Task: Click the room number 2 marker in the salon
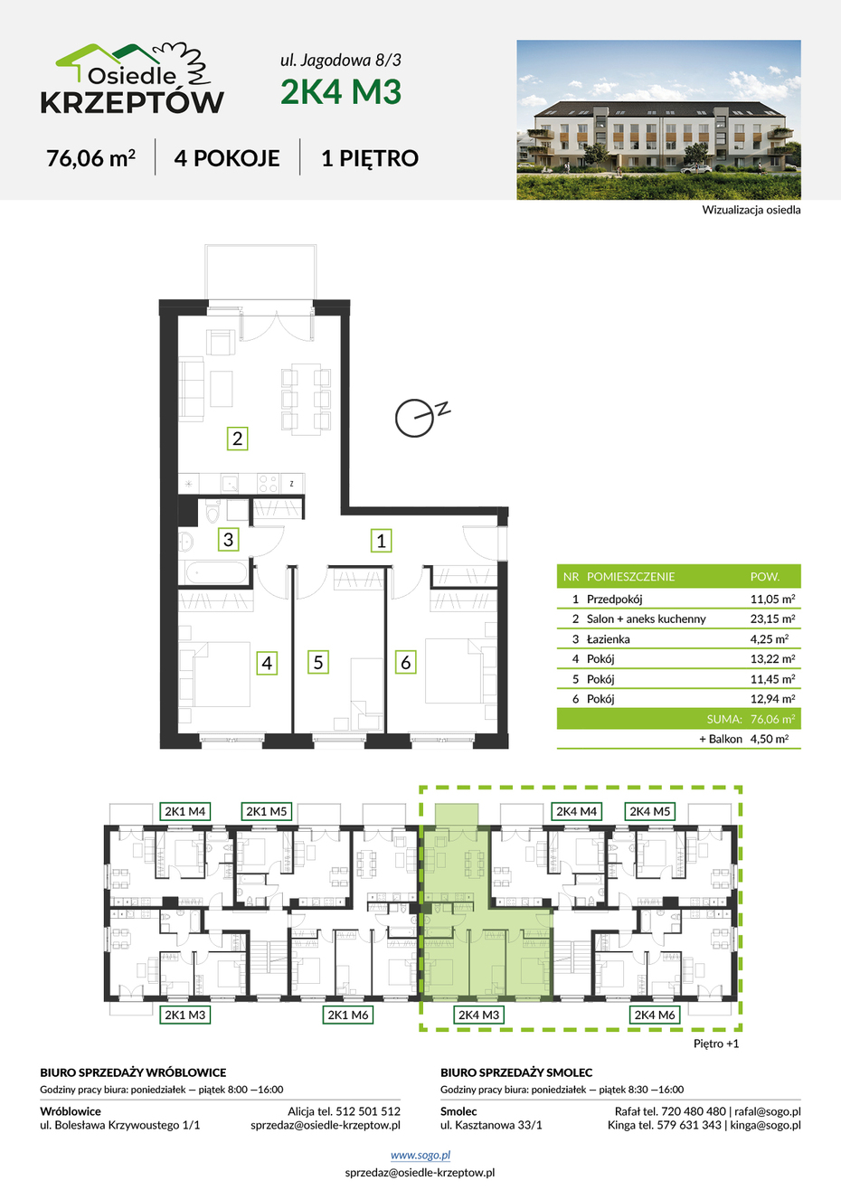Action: click(x=238, y=439)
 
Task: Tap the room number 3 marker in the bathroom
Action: click(x=229, y=540)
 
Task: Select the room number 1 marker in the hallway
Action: click(x=381, y=541)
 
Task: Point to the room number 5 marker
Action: click(x=318, y=663)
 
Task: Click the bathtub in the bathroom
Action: click(x=216, y=573)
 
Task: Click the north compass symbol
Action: click(x=420, y=417)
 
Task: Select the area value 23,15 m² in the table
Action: click(x=772, y=619)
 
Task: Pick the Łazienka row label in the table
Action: click(x=609, y=639)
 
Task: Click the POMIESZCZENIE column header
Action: click(x=630, y=576)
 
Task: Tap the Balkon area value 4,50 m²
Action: click(x=770, y=739)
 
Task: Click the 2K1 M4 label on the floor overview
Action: click(x=184, y=811)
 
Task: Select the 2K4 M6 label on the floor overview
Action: click(x=655, y=1015)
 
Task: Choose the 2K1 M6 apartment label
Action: click(x=348, y=1015)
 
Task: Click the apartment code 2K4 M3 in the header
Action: click(x=341, y=91)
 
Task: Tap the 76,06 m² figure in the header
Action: click(x=90, y=158)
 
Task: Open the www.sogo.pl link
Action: click(x=420, y=1155)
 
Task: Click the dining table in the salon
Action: click(x=306, y=399)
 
